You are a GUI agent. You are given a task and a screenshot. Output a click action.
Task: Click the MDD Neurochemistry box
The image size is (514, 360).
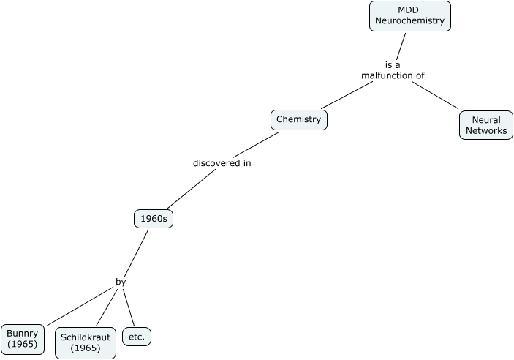click(x=409, y=15)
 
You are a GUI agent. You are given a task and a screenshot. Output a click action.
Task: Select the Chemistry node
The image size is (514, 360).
click(x=298, y=119)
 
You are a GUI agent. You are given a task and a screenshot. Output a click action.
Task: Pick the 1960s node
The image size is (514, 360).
click(x=154, y=219)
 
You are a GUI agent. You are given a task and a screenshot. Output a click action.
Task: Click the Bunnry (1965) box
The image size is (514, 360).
click(x=22, y=339)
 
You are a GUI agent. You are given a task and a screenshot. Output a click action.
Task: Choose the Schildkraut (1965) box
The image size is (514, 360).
click(x=85, y=342)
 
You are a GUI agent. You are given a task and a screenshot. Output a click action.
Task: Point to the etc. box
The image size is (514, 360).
click(x=136, y=337)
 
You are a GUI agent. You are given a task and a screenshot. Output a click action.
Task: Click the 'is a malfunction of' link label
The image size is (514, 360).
click(x=393, y=70)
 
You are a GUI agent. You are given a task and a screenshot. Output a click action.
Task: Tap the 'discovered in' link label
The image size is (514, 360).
click(x=222, y=163)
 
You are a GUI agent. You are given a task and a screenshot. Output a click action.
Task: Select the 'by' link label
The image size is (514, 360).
click(x=121, y=281)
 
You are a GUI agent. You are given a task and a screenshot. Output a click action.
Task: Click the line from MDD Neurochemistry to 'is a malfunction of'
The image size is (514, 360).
click(x=400, y=45)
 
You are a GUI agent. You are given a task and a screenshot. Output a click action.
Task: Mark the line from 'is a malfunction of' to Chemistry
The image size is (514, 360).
click(x=347, y=95)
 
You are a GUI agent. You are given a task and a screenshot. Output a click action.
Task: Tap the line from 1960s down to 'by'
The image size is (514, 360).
click(x=136, y=252)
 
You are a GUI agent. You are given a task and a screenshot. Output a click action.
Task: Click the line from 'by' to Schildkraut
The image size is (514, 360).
click(x=107, y=307)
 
